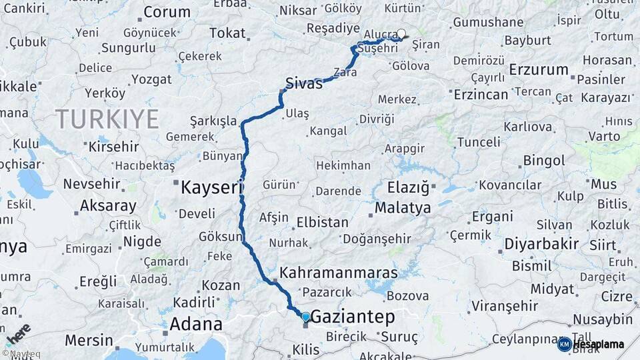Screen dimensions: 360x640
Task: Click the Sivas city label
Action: click(303, 84)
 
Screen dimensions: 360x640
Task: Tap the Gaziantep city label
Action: click(353, 317)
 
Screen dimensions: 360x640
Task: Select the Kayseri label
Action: click(211, 188)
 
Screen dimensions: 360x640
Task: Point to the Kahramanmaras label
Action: click(339, 273)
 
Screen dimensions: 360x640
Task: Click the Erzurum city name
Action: click(539, 69)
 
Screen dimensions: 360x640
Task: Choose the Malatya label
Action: click(403, 208)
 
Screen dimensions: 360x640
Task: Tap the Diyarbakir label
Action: click(541, 244)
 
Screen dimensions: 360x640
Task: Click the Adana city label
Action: click(196, 325)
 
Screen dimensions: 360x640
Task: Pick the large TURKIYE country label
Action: click(107, 119)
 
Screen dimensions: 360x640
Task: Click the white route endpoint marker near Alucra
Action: click(401, 33)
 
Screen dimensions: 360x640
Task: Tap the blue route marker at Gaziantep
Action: click(305, 317)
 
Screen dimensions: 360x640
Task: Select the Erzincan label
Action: click(481, 95)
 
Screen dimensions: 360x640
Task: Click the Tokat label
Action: click(227, 33)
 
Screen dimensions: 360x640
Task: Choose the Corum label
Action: click(167, 12)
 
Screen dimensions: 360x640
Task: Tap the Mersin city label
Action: click(89, 340)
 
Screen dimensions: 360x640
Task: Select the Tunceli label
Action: click(479, 142)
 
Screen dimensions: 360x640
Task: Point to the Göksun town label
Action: click(220, 237)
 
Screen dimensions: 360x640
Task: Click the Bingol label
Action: click(544, 161)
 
